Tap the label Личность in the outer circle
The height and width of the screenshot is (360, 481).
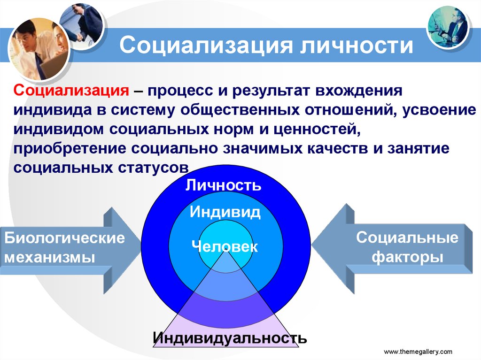point(223,185)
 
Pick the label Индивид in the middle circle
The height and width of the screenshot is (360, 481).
point(225,212)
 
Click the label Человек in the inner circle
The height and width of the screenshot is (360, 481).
point(225,246)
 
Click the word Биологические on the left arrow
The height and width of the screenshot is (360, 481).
point(65,238)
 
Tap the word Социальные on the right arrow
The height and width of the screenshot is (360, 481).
point(407,237)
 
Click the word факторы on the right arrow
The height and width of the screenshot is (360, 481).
point(407,257)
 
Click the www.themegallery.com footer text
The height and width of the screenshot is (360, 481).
point(418,352)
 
